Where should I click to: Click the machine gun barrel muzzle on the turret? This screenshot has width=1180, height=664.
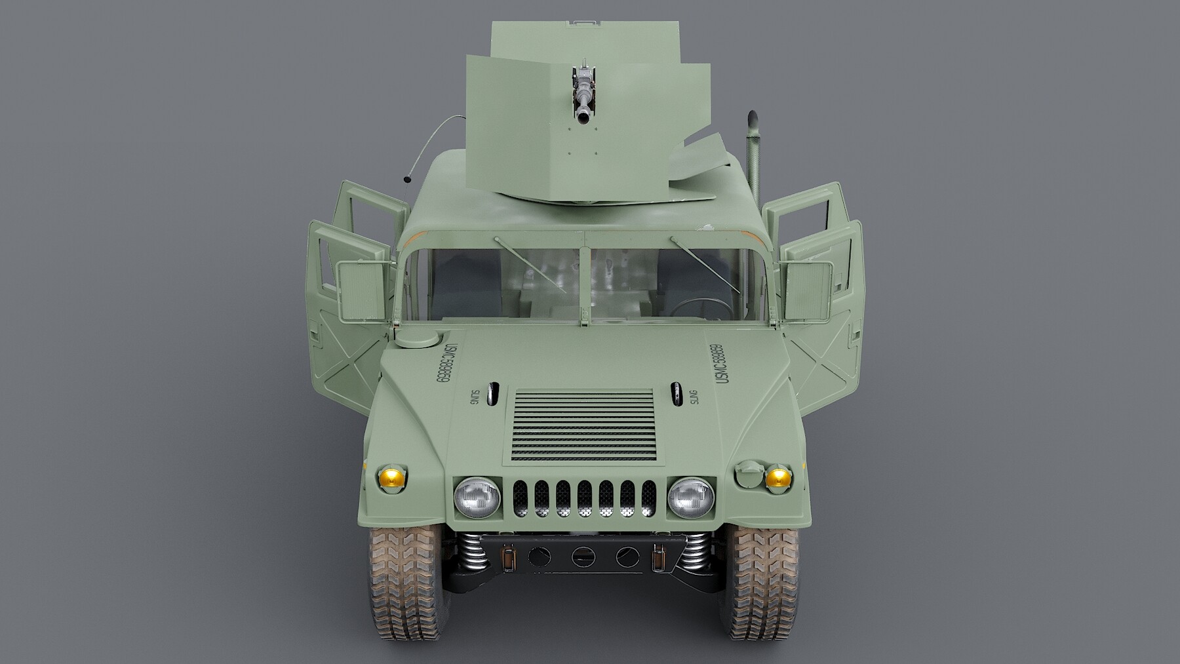click(x=582, y=117)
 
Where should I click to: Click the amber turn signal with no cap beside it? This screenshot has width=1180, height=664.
click(x=391, y=477)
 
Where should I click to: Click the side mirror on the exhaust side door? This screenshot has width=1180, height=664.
click(x=808, y=289)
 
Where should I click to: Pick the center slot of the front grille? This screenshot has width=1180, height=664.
click(x=583, y=498)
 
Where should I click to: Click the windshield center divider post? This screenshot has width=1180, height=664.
click(x=584, y=275)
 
